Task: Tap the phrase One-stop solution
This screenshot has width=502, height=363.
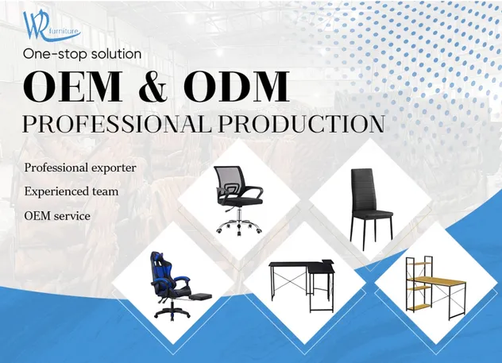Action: pos(83,54)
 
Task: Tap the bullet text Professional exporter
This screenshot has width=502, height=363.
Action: pos(80,168)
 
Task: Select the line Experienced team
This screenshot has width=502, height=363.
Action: pos(71,191)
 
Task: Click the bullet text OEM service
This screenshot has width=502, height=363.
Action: pos(57,215)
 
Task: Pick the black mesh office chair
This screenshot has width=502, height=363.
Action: pos(237,199)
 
